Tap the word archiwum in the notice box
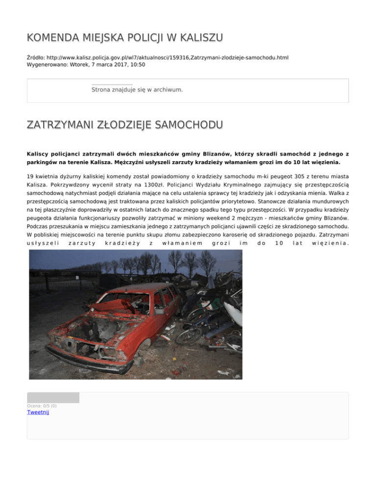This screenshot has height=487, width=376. pyautogui.click(x=166, y=90)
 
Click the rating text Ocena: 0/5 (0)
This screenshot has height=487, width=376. pyautogui.click(x=42, y=406)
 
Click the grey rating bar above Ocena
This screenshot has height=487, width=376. pyautogui.click(x=53, y=397)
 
